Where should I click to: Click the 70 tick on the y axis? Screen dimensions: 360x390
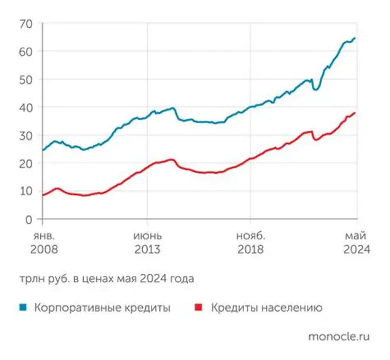[25, 23]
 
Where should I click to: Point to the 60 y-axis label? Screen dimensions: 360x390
[25, 52]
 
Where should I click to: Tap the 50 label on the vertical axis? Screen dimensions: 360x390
[25, 80]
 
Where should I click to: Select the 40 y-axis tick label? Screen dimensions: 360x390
[25, 107]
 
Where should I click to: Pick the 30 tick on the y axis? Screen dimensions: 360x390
[25, 136]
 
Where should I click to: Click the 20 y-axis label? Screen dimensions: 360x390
[25, 163]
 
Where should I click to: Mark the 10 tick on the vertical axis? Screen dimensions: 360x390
[25, 192]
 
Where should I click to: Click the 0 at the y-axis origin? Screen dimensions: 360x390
[28, 219]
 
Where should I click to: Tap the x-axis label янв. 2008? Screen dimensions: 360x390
[42, 242]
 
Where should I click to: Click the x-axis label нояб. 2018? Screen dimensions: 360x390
[251, 242]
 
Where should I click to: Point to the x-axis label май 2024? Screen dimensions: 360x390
[356, 242]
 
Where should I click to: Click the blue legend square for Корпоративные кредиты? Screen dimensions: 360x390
[23, 308]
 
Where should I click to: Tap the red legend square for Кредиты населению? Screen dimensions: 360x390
[199, 308]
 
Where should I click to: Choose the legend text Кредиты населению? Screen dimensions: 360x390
[267, 308]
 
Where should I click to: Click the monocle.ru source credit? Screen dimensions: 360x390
[338, 336]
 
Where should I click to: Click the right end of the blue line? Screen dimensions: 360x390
[355, 38]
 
